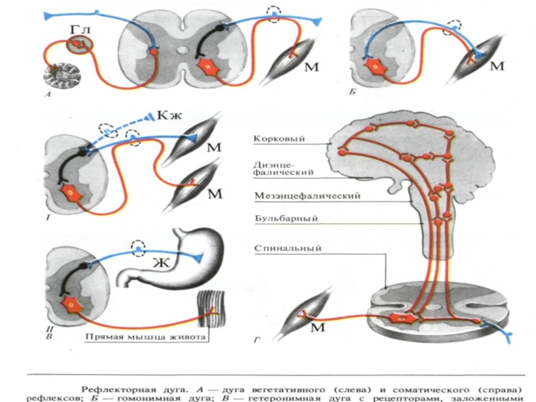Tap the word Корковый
tap(279, 139)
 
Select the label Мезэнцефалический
tap(308, 196)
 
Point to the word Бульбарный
tap(285, 218)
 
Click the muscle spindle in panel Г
tap(315, 314)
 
